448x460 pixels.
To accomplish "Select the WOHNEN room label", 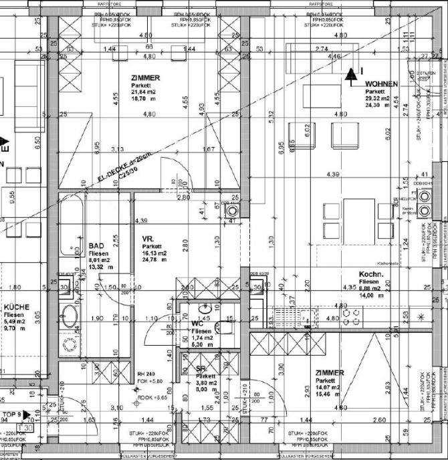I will (381, 84).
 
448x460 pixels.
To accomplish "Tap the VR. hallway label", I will (148, 238).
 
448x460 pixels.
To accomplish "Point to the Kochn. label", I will (369, 275).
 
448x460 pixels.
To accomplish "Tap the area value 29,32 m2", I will (380, 98).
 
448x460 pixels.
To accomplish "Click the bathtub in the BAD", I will (70, 231).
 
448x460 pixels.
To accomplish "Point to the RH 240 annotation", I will (146, 374).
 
